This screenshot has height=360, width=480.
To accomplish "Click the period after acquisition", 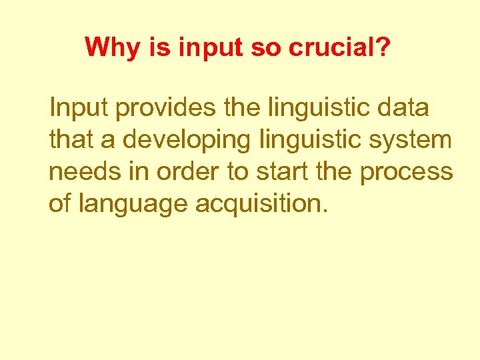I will pyautogui.click(x=325, y=212).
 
